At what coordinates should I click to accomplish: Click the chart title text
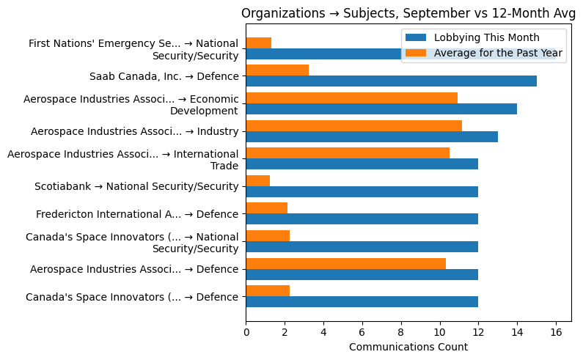tap(408, 13)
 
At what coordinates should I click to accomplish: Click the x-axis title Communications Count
tap(408, 347)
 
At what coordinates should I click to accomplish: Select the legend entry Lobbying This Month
tap(486, 38)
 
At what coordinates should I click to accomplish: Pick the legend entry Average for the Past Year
tap(498, 53)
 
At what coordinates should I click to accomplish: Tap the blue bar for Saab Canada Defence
tap(391, 81)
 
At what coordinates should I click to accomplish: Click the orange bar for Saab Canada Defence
tap(277, 70)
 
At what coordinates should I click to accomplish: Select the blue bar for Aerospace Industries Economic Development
tap(381, 109)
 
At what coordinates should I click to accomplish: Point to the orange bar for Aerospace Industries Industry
tap(353, 125)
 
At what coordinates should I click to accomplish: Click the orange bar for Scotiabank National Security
tap(257, 180)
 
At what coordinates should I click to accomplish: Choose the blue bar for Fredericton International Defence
tap(362, 218)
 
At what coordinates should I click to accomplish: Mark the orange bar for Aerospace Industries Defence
tap(345, 263)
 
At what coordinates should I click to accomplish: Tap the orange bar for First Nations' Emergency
tap(258, 43)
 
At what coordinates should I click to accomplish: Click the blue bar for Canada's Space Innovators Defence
tap(362, 301)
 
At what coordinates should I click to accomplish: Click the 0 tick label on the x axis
tap(246, 331)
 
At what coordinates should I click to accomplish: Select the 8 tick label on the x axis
tap(401, 331)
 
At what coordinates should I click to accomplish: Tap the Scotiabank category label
tap(136, 186)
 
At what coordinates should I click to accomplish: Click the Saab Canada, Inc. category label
tap(164, 76)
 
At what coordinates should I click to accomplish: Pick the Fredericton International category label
tap(137, 214)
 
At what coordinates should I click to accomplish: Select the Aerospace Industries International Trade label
tap(122, 159)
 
